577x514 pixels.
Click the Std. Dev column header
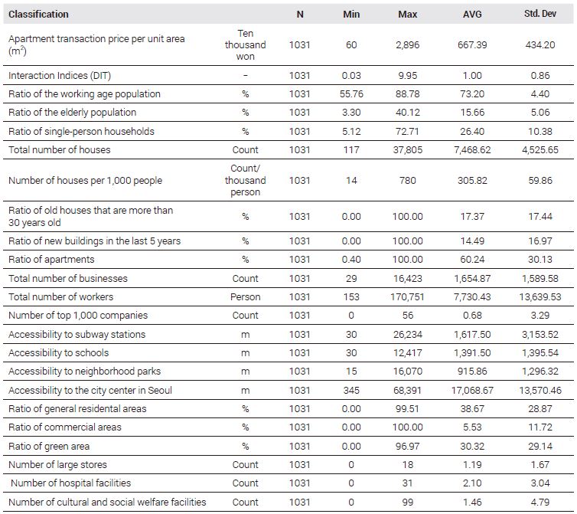tap(540, 14)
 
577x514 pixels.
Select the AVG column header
tap(472, 15)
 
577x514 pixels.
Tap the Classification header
tap(38, 15)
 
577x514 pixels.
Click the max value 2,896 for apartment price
tap(407, 45)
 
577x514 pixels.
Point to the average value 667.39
tap(472, 45)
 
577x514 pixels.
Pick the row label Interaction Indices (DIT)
tap(60, 76)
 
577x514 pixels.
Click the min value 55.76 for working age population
tap(351, 94)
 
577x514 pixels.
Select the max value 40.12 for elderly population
tap(407, 113)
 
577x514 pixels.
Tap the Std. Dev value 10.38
tap(540, 132)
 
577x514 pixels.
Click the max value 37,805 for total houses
tap(407, 150)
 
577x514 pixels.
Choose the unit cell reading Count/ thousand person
tap(245, 180)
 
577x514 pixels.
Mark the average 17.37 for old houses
tap(472, 216)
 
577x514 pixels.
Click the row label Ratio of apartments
tap(51, 260)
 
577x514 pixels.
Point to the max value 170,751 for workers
tap(407, 297)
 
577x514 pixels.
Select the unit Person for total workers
tap(245, 297)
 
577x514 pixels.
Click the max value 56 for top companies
tap(407, 316)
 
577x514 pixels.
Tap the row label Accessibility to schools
tap(58, 353)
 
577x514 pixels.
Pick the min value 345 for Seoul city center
tap(351, 390)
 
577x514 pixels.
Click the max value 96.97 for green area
tap(407, 446)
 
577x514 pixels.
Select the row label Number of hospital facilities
tap(70, 483)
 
